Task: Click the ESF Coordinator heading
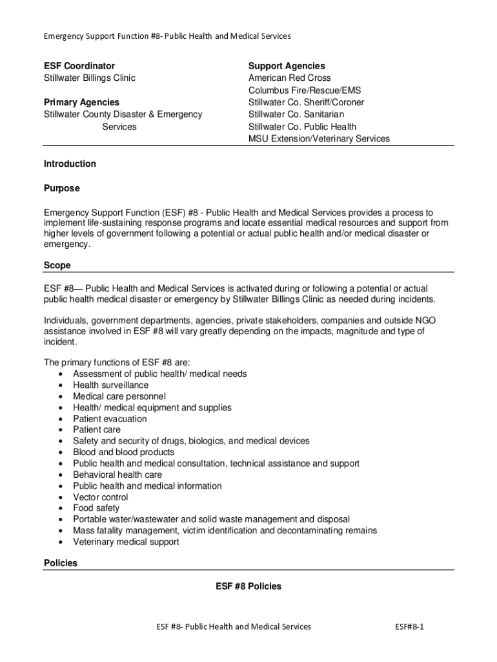click(79, 66)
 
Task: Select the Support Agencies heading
click(287, 66)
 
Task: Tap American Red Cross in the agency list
click(289, 78)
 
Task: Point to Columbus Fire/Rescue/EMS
click(305, 91)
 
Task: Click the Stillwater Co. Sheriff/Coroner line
click(306, 102)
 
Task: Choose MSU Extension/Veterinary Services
click(319, 138)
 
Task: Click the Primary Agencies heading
click(81, 102)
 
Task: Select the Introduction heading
click(70, 164)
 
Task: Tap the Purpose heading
click(62, 188)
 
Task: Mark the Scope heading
click(57, 265)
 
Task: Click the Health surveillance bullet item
click(110, 385)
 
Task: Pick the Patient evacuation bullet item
click(110, 419)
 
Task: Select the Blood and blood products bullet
click(123, 452)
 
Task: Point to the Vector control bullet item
click(100, 497)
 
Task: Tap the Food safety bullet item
click(96, 508)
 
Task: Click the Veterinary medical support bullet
click(126, 542)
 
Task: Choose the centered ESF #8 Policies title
click(249, 586)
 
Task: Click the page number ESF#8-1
click(414, 626)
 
